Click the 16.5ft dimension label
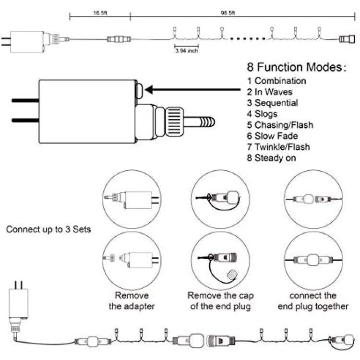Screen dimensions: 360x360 [x=100, y=13]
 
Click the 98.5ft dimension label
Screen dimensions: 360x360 [x=228, y=13]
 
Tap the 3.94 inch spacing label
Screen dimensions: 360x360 [x=187, y=50]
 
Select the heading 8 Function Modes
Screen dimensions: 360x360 [x=297, y=67]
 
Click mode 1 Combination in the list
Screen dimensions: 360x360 [x=276, y=81]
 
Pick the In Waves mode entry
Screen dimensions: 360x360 [x=270, y=92]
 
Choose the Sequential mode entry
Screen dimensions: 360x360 [x=273, y=103]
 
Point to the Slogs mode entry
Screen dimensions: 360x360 [x=262, y=114]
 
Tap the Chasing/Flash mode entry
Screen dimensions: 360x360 [x=280, y=125]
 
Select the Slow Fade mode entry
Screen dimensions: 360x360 [x=273, y=136]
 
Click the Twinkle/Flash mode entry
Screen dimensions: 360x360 [x=278, y=147]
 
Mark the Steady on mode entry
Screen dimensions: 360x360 [x=271, y=158]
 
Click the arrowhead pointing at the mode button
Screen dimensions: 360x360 [x=149, y=90]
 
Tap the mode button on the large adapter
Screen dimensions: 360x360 [x=139, y=91]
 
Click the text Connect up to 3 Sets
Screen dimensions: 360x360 [x=48, y=229]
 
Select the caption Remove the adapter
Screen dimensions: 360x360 [x=132, y=301]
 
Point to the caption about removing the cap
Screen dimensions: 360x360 [x=221, y=301]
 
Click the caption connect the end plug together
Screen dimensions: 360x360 [x=313, y=301]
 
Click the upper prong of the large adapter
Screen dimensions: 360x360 [x=25, y=100]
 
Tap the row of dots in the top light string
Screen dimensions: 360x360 [x=248, y=39]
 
